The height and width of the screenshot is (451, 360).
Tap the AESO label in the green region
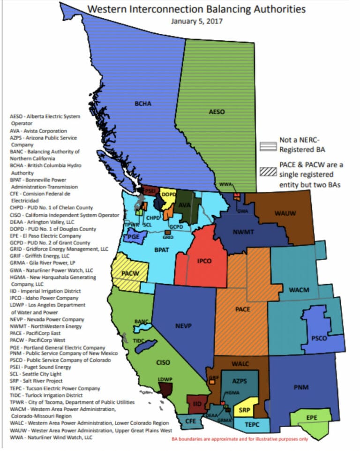pyautogui.click(x=217, y=112)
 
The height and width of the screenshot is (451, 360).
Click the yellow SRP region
pyautogui.click(x=246, y=409)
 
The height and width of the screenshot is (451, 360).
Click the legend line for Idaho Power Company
pyautogui.click(x=45, y=298)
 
